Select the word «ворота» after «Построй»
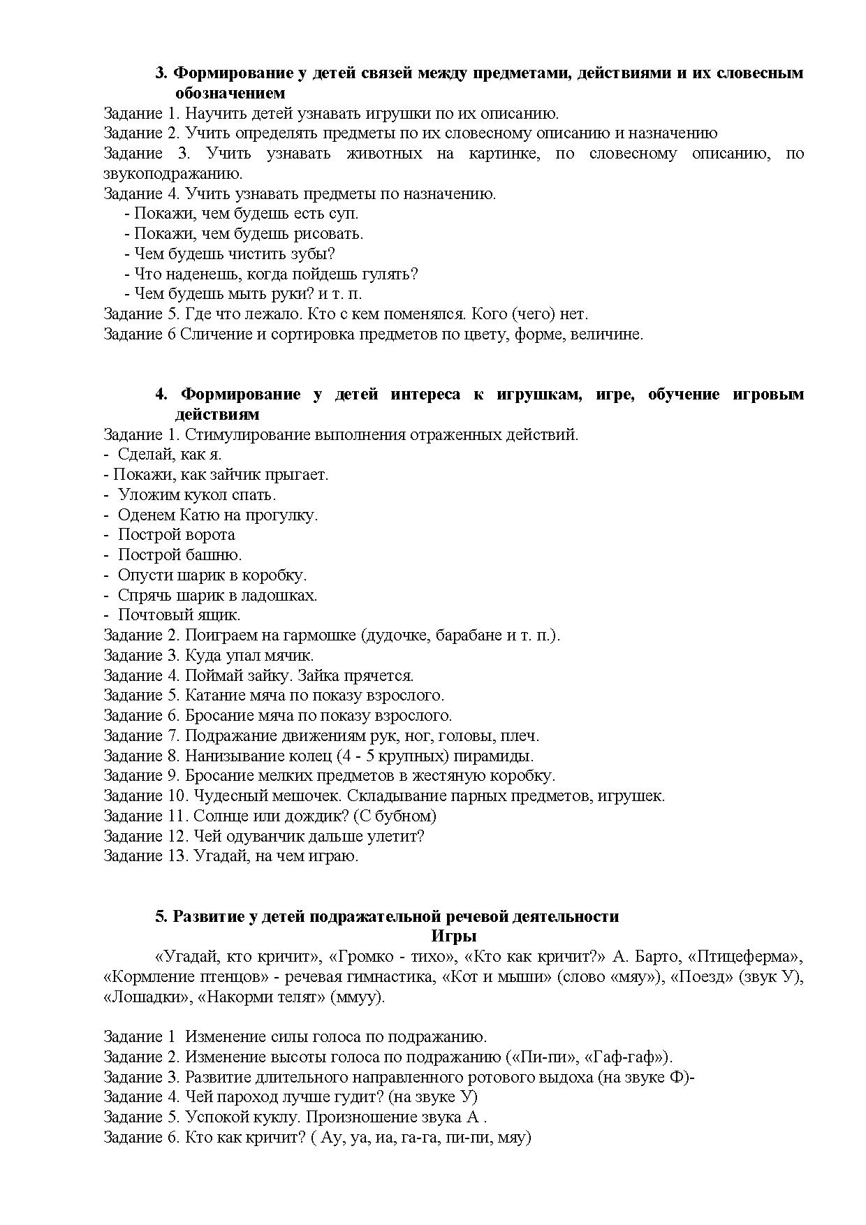[212, 535]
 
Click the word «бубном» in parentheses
[407, 816]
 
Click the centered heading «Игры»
[453, 937]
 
